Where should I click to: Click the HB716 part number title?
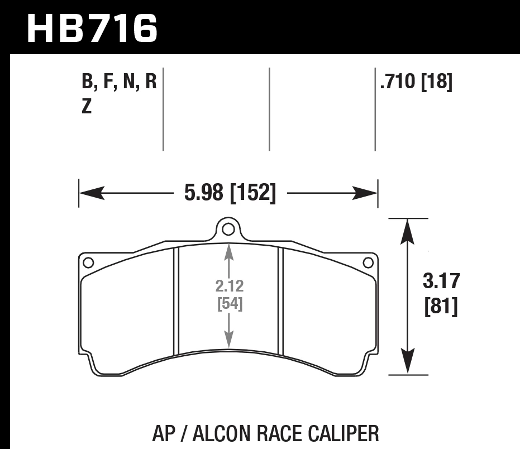[92, 28]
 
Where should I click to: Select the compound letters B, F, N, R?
[119, 83]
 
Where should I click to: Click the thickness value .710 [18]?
[416, 83]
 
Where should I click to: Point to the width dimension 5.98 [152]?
[230, 193]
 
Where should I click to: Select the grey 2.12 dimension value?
[228, 286]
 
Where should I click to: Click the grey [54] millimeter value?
[228, 304]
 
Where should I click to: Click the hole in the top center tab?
[227, 229]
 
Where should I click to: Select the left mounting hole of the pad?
[87, 262]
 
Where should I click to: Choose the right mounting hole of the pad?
[368, 262]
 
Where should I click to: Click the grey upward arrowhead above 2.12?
[228, 252]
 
